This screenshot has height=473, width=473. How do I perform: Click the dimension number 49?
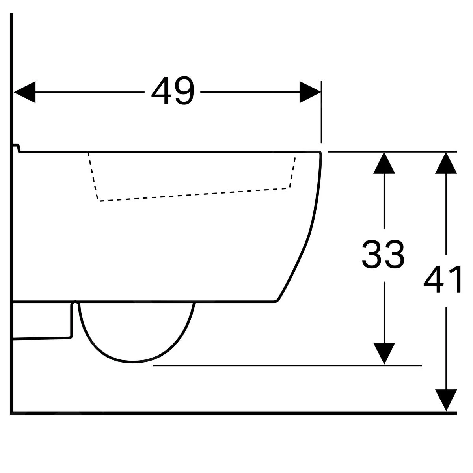pos(173,92)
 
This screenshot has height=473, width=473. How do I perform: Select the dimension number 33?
pos(383,255)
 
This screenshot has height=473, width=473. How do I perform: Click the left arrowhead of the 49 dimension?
pos(24,92)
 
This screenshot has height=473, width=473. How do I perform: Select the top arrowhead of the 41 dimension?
pos(446,162)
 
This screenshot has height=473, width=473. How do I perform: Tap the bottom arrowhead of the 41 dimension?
pos(446,400)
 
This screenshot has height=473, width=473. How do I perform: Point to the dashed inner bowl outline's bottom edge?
pos(193,195)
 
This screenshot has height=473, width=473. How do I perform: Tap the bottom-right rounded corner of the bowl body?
pos(277,301)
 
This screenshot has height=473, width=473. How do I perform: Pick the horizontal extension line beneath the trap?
pos(288,365)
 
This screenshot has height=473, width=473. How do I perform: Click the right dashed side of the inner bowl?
pos(292,172)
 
